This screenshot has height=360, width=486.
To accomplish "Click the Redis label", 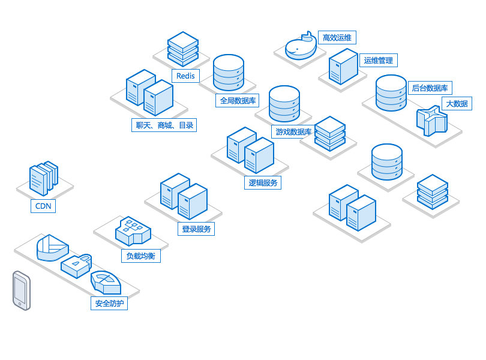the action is click(x=185, y=76).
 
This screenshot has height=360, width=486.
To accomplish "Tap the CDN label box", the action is click(x=43, y=206).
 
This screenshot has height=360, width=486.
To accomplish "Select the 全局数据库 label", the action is click(x=238, y=100).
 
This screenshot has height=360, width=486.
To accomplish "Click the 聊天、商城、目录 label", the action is click(x=164, y=125).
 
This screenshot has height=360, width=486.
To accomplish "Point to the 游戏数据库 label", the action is click(x=293, y=132).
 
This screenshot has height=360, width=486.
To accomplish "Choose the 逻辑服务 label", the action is click(x=263, y=182).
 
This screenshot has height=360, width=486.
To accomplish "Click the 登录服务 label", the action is click(x=196, y=229).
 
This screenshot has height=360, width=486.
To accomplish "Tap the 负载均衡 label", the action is click(x=141, y=256).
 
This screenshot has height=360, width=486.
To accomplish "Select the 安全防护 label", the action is click(x=109, y=303).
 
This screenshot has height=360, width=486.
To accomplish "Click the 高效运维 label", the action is click(x=337, y=38).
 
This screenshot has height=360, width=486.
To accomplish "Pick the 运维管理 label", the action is click(x=379, y=60).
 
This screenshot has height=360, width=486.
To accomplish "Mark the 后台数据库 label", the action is click(x=430, y=88).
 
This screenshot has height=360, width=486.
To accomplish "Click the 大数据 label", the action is click(x=457, y=104).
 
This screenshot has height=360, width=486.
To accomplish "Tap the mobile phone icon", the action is click(x=22, y=290).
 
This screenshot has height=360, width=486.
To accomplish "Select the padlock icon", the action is click(x=76, y=266).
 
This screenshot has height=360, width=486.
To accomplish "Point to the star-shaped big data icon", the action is click(x=432, y=121).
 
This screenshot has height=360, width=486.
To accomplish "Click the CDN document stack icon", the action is click(x=44, y=178).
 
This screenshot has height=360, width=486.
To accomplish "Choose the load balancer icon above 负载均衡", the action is click(x=133, y=230).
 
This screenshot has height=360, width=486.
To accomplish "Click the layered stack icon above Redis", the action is click(x=183, y=49).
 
